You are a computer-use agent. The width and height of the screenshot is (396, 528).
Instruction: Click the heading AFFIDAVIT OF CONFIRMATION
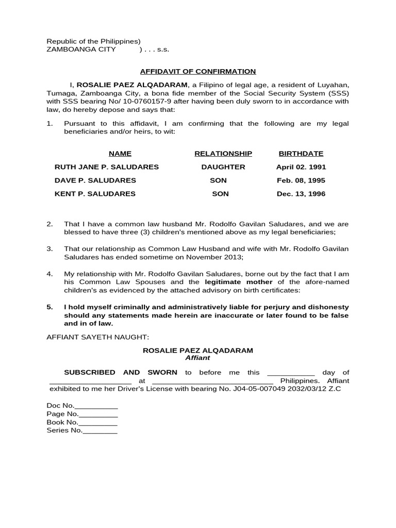(198, 72)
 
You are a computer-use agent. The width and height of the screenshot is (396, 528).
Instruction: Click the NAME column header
(120, 154)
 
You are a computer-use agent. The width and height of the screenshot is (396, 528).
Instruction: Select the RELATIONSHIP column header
(223, 154)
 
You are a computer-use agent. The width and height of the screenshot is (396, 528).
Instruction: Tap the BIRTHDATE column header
(301, 154)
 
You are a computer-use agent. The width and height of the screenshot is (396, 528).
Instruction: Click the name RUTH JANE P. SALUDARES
(107, 167)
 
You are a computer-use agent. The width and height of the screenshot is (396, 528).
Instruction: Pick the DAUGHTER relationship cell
(223, 167)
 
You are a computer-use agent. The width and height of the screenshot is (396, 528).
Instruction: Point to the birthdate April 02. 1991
(301, 167)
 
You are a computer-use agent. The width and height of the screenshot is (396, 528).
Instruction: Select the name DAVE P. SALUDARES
(95, 180)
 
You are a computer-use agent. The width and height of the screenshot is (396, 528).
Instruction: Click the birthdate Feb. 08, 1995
(301, 180)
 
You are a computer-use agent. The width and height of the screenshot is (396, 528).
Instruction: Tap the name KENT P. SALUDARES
(95, 194)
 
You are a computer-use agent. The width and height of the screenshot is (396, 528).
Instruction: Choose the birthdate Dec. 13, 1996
(301, 194)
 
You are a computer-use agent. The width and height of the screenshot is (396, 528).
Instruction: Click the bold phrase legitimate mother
(239, 282)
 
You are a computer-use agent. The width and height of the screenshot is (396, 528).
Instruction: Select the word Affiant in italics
(197, 358)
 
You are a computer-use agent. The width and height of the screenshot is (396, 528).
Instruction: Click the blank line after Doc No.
(97, 406)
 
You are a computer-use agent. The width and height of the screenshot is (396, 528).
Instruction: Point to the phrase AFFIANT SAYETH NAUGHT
(97, 337)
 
